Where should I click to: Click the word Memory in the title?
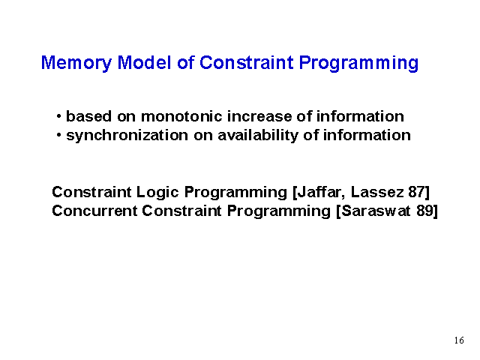[76, 63]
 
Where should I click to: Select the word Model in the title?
[145, 62]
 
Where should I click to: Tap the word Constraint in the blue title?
[247, 62]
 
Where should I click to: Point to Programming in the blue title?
[358, 63]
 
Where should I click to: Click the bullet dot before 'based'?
[59, 116]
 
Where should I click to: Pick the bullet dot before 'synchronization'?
[59, 135]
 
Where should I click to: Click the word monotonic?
[181, 116]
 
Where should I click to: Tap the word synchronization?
[127, 136]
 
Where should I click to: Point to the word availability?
[258, 136]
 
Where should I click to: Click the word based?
[88, 116]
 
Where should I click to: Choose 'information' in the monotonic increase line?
[360, 116]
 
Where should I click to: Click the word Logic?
[157, 193]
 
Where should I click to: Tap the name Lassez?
[377, 192]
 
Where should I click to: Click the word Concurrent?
[94, 211]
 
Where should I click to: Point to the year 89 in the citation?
[424, 211]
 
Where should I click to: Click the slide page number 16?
[459, 340]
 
